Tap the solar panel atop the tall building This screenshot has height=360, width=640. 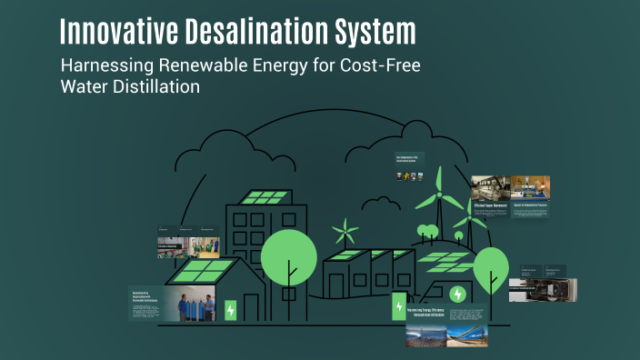click(265, 197)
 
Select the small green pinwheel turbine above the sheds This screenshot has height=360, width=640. click(345, 230)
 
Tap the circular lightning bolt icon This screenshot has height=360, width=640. click(458, 295)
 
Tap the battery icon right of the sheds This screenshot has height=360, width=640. click(398, 306)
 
